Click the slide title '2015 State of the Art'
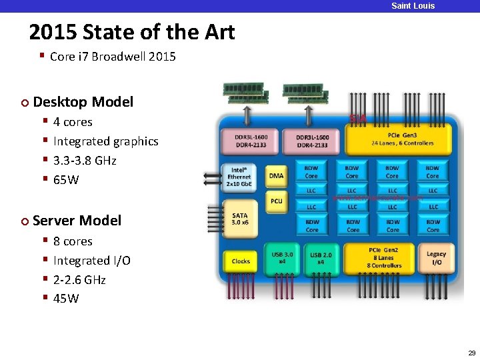point(132,32)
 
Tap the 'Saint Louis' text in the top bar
point(413,6)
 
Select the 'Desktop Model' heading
point(83,102)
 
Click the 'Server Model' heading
point(77,221)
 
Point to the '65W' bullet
point(66,179)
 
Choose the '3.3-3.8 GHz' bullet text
point(85,160)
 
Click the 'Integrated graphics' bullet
point(105,141)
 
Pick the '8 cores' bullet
point(73,241)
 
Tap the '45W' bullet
point(66,298)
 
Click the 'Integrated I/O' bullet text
point(91,260)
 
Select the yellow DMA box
point(276,176)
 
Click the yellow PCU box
point(276,200)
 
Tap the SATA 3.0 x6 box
point(240,219)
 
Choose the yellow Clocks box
point(241,261)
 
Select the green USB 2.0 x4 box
point(321,257)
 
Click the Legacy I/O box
point(436,257)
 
